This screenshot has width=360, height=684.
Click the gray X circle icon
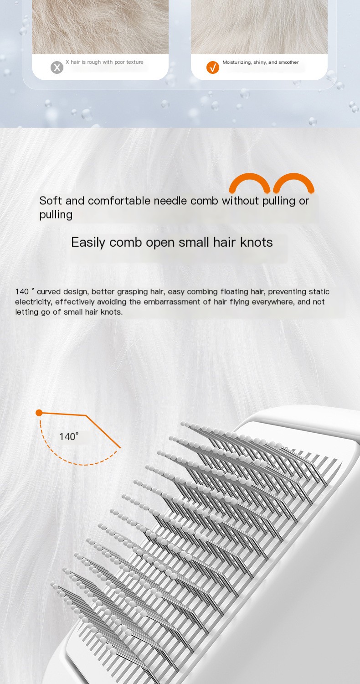pyautogui.click(x=57, y=67)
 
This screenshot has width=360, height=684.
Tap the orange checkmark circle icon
pyautogui.click(x=213, y=67)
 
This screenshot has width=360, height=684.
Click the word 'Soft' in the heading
pyautogui.click(x=51, y=201)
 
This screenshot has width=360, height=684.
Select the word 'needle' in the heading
pyautogui.click(x=170, y=201)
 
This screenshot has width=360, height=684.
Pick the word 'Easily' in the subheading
pyautogui.click(x=88, y=243)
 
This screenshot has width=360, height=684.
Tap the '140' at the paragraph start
pyautogui.click(x=22, y=292)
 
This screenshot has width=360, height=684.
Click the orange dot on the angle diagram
pyautogui.click(x=39, y=413)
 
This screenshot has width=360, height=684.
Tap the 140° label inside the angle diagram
pyautogui.click(x=69, y=436)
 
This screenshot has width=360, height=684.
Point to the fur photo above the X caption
pyautogui.click(x=100, y=27)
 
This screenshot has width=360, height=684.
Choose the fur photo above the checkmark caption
pyautogui.click(x=259, y=27)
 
